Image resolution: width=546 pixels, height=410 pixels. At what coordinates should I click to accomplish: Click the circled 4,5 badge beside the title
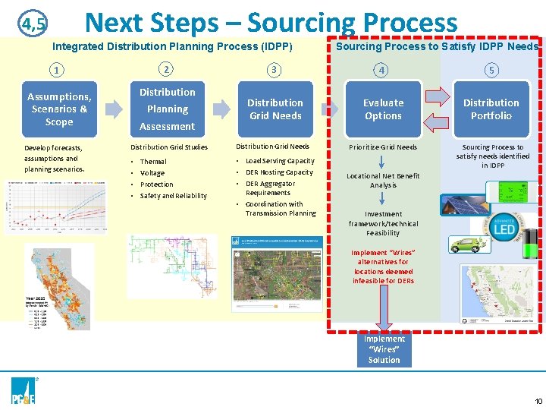(33, 25)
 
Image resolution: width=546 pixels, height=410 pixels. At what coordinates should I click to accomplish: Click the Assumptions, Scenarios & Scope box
(59, 109)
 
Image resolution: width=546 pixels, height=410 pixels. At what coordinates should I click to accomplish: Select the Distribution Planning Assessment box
(168, 109)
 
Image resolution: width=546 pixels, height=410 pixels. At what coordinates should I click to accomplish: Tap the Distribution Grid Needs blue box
(275, 109)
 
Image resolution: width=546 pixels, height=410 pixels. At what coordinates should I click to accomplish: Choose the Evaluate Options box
(383, 109)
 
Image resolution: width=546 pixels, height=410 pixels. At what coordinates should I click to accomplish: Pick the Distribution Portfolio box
(491, 109)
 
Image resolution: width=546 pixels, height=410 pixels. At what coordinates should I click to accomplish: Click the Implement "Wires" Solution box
(384, 349)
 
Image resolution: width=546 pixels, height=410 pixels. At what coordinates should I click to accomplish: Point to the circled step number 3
(275, 71)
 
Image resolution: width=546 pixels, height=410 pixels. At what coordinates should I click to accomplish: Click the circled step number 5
(491, 71)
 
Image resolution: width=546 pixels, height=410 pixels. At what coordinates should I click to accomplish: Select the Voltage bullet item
(152, 173)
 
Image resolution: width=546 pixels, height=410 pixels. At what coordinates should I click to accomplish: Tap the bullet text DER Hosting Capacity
(279, 172)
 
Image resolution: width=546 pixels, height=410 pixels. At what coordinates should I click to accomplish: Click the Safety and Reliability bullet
(173, 196)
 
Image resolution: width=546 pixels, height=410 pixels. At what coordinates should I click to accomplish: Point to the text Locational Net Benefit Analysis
(383, 181)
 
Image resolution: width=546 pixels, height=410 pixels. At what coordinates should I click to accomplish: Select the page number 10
(538, 401)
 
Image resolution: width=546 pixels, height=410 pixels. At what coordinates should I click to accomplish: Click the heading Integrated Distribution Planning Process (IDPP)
(172, 47)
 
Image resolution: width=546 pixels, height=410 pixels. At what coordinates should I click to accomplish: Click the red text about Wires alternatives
(383, 266)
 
